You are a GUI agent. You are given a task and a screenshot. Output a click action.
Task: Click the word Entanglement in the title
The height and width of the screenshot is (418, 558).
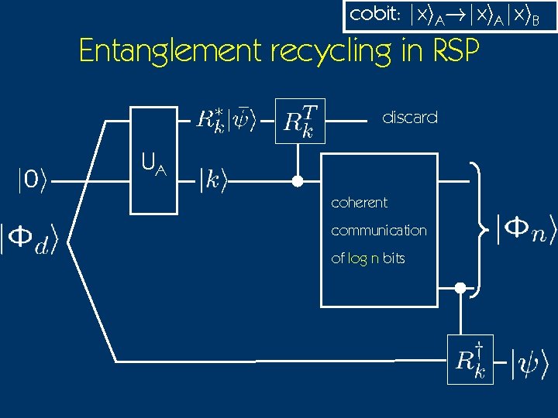coord(170,51)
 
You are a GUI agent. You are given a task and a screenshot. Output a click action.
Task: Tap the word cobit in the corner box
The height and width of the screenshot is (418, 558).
coord(371,15)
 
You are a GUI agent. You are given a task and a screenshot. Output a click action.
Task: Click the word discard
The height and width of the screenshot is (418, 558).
coord(410,118)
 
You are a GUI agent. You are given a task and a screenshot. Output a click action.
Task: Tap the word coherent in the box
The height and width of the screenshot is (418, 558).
coord(359,203)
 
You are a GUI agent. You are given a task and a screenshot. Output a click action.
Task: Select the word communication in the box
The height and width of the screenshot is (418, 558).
coord(378,231)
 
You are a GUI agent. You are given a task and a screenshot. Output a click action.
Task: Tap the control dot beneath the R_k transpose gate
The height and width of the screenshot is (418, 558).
coord(295,182)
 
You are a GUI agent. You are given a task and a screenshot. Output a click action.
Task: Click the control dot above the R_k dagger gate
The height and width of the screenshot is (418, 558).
coord(460,289)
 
